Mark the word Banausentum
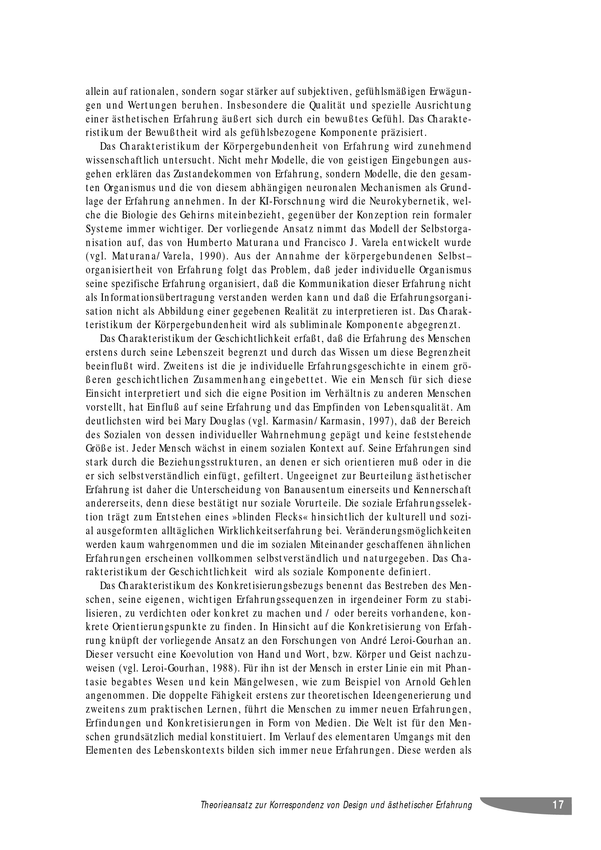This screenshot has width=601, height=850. tap(315, 490)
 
